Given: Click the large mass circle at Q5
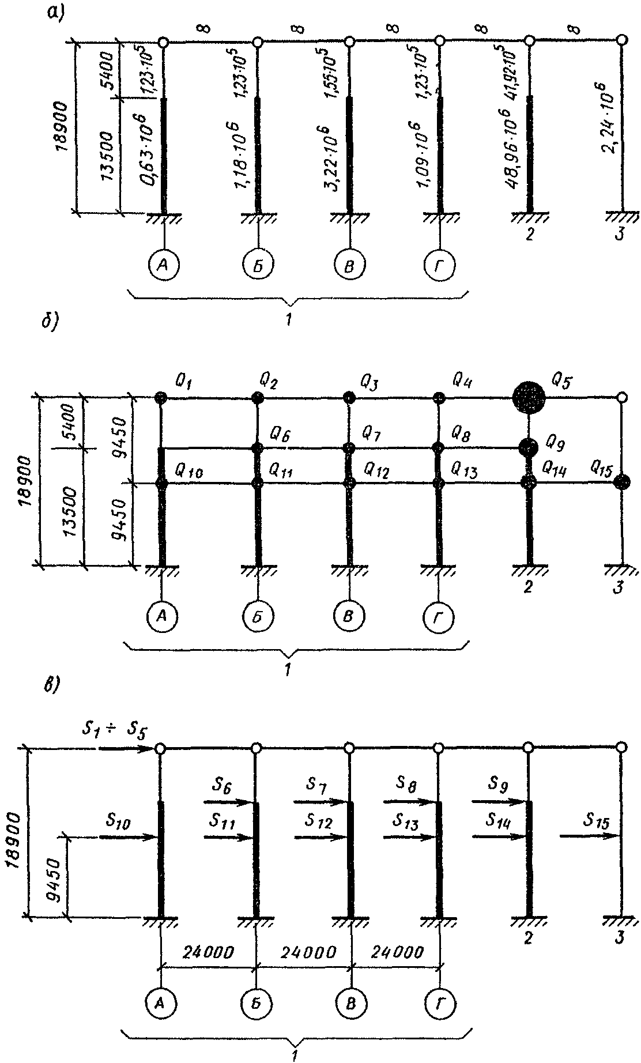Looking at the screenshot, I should [529, 397].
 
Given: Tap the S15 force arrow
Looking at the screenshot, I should [588, 836].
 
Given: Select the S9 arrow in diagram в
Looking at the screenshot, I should [499, 801].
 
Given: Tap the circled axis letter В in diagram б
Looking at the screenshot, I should [348, 617].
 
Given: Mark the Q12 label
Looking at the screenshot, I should [376, 472].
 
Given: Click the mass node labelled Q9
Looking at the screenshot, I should [527, 446].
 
